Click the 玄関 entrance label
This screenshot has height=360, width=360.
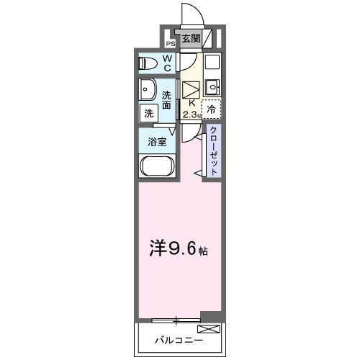(190, 39)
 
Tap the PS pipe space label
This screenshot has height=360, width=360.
(171, 43)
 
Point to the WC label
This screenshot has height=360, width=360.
(166, 63)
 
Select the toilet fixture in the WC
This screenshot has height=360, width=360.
(148, 63)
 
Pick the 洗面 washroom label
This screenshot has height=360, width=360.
(167, 100)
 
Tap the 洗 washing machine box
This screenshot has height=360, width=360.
(148, 113)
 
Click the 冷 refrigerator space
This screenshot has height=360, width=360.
(211, 109)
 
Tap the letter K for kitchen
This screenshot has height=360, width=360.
(190, 104)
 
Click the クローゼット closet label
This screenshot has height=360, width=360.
(213, 149)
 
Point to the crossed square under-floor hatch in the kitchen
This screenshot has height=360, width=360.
(191, 90)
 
